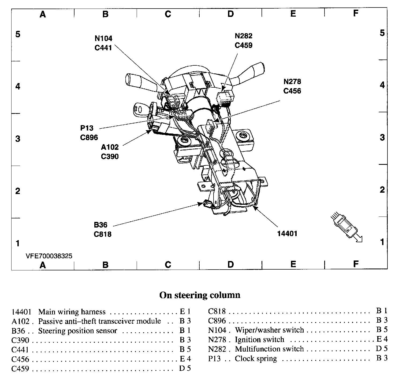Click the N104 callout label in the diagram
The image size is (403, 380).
103,38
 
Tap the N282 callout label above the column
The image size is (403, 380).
243,36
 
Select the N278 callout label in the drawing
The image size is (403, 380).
292,81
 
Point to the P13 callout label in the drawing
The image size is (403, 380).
87,128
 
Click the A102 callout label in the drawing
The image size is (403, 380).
110,147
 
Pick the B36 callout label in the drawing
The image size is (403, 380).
101,225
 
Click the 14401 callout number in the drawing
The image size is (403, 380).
287,234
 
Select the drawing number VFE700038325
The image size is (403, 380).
49,256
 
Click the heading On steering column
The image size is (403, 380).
200,295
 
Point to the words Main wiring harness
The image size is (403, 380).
72,312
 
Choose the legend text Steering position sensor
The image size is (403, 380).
77,331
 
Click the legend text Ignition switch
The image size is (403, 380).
259,340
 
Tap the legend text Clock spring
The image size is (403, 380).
256,359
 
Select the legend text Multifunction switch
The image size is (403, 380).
269,349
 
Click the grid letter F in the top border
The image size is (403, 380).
356,13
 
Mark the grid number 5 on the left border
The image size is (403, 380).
18,34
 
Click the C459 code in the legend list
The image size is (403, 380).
20,369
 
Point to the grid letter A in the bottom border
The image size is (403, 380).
43,265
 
